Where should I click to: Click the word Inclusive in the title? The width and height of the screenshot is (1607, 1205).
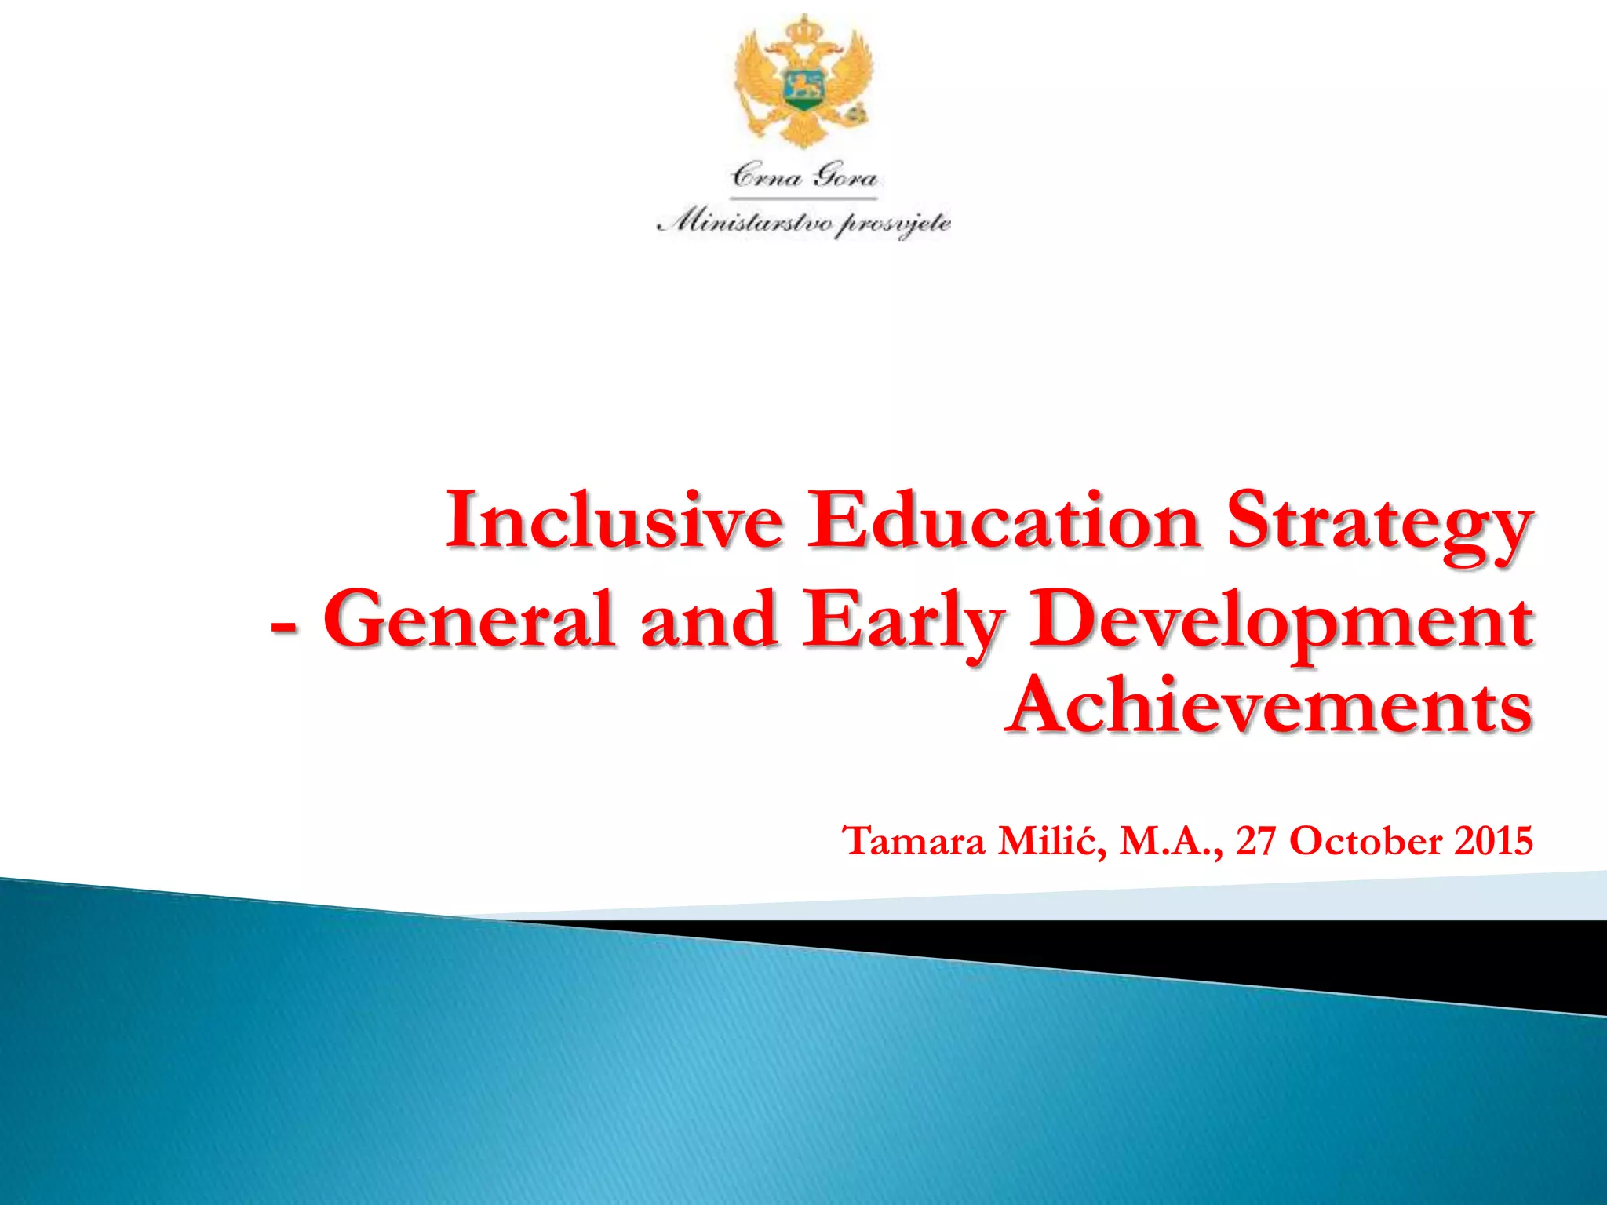(614, 520)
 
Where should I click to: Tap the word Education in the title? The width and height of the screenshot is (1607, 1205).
(1004, 520)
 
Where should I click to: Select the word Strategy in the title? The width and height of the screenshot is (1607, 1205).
(1379, 524)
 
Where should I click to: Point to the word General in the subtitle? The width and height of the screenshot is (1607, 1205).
(469, 620)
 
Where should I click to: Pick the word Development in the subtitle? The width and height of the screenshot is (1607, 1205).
(1281, 622)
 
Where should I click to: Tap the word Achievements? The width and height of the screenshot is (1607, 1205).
(1268, 706)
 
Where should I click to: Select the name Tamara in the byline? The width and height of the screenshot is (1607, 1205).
(913, 841)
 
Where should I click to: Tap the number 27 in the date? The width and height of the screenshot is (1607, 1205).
(1257, 841)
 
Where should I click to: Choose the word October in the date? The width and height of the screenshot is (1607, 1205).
(1366, 841)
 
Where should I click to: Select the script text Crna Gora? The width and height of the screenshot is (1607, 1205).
(803, 176)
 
